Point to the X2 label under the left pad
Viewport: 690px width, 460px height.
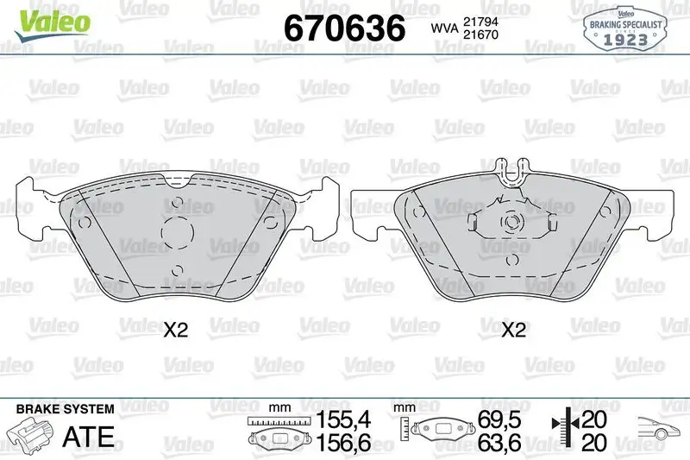click(176, 329)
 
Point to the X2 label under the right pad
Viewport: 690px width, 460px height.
click(514, 329)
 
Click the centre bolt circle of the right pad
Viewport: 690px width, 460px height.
click(512, 222)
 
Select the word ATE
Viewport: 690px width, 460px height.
click(89, 436)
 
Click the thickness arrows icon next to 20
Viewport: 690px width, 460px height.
click(561, 431)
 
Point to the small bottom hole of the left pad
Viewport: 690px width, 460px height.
click(177, 268)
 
